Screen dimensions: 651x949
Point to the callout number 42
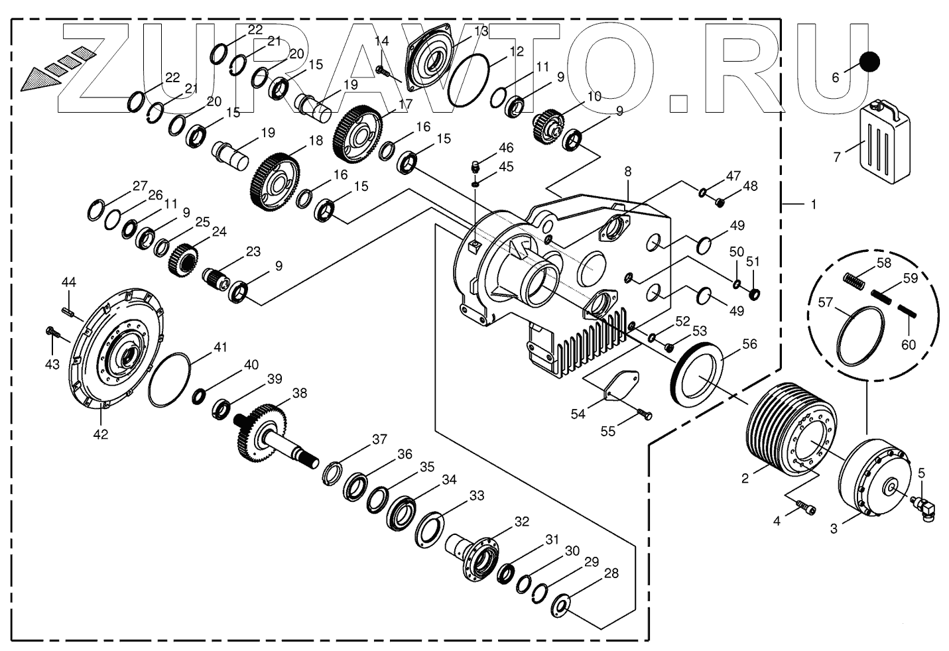[101, 435]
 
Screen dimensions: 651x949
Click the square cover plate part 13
[430, 60]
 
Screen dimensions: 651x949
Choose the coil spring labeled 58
[855, 280]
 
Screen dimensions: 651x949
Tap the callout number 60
[908, 345]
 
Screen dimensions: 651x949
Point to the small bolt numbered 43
[54, 333]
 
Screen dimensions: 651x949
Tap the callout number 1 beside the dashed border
[813, 204]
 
